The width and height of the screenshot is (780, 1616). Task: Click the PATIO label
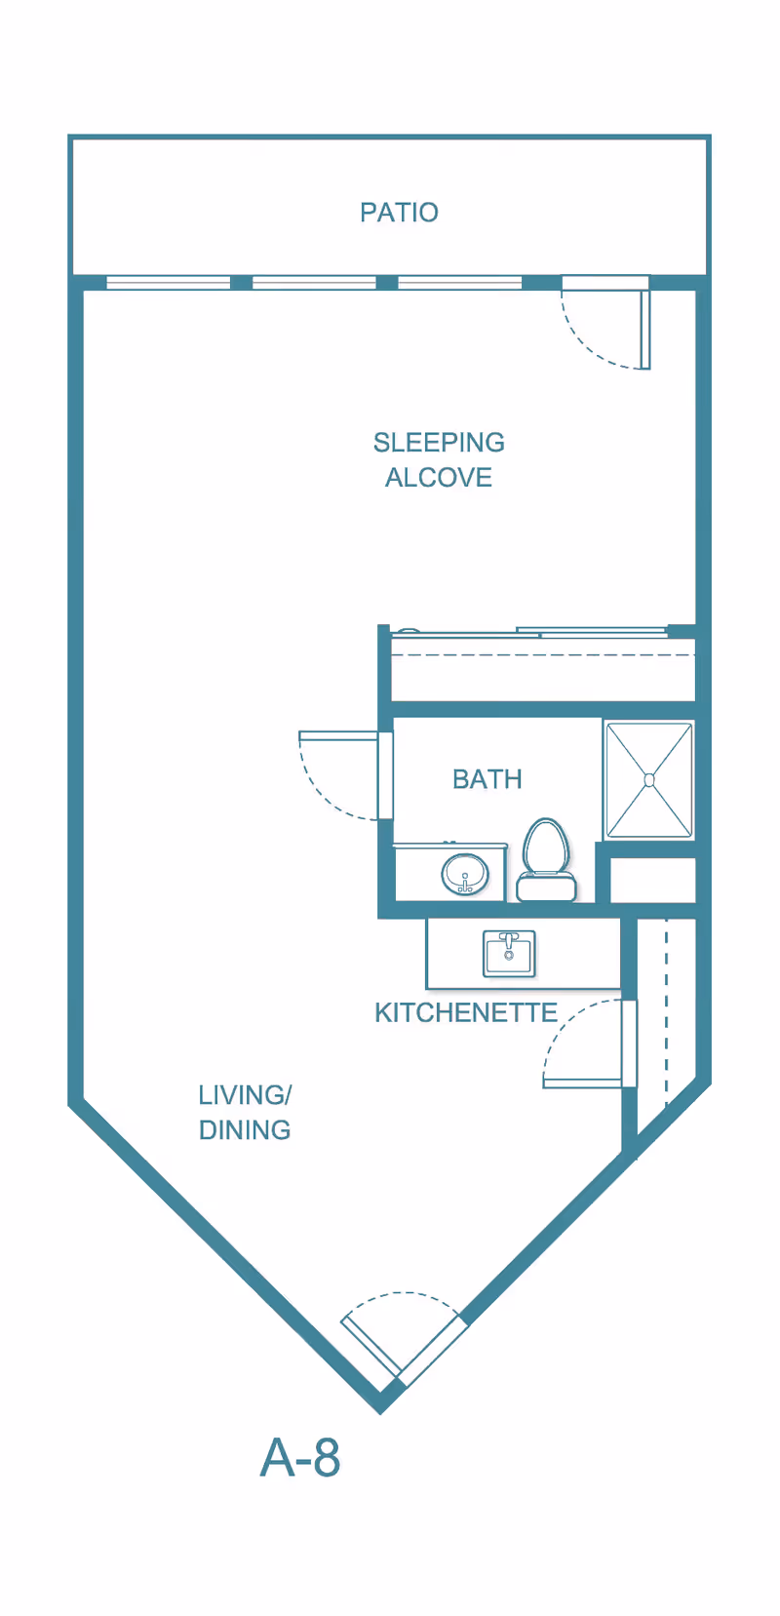(x=399, y=213)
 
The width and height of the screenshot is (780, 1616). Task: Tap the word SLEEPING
(x=439, y=443)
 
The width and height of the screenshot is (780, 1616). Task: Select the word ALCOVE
(x=439, y=478)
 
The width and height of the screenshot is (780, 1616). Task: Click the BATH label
(x=487, y=779)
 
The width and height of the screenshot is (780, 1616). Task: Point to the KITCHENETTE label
(x=466, y=1013)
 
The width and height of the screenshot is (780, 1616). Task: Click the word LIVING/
(x=245, y=1095)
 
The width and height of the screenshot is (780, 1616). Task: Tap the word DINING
(x=245, y=1130)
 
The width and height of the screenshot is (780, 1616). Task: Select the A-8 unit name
(x=300, y=1458)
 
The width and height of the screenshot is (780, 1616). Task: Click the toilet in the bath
(x=545, y=848)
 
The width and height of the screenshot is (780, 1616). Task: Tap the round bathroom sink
(x=464, y=873)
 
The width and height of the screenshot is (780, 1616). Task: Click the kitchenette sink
(x=509, y=953)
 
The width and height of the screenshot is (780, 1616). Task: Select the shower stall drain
(x=649, y=779)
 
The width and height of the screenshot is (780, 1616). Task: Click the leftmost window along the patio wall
(x=168, y=283)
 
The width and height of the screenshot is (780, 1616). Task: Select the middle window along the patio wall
(x=314, y=283)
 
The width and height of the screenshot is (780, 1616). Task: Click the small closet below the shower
(x=652, y=881)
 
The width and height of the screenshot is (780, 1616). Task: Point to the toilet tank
(x=546, y=887)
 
